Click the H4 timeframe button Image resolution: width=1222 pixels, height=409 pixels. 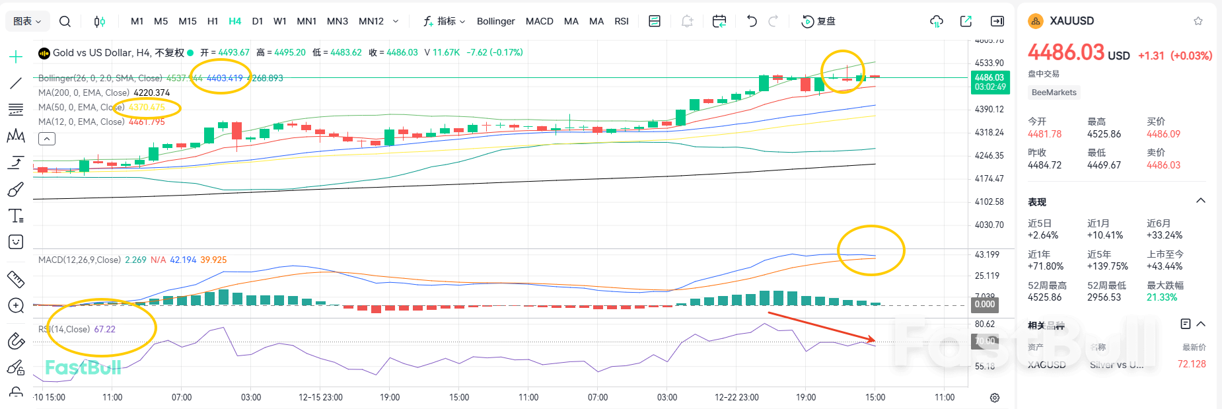coord(234,21)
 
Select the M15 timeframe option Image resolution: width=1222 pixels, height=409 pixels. coord(188,21)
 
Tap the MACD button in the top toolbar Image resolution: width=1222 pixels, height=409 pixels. coord(539,21)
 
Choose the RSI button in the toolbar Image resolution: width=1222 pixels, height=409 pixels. coord(621,21)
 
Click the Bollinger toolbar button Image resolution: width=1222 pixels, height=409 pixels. coord(495,21)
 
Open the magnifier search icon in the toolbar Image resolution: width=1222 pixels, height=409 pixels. coord(65,21)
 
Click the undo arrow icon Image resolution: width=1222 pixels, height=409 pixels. coord(752,21)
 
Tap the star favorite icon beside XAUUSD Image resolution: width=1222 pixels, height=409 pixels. coord(1198,21)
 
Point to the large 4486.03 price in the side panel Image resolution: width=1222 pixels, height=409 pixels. coord(1066,52)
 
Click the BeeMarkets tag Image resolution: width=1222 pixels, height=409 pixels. coord(1054,93)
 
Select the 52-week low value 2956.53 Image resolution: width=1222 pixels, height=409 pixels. coord(1104,297)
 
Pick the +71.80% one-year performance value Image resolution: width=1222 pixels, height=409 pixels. coord(1045,266)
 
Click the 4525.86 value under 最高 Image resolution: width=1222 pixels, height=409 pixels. coord(1104,134)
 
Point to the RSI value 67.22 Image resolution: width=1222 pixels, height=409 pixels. coord(104,329)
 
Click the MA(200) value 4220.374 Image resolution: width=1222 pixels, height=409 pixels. coord(151,93)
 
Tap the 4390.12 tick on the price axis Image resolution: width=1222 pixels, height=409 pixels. coord(989,109)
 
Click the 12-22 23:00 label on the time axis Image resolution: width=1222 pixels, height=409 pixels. coord(737,397)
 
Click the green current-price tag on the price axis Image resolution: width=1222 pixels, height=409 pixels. coord(989,82)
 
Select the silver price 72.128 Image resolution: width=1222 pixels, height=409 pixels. coord(1191,364)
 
